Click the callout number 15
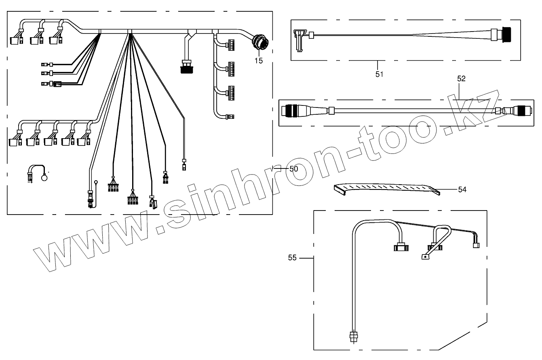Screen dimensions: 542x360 point(258,61)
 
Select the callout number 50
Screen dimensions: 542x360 point(294,169)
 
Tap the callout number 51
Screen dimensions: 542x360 point(379,74)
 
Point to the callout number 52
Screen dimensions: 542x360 point(461,79)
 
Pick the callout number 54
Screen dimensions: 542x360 point(462,189)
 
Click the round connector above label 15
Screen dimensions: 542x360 point(259,43)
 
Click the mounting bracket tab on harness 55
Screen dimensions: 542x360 point(425,257)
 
